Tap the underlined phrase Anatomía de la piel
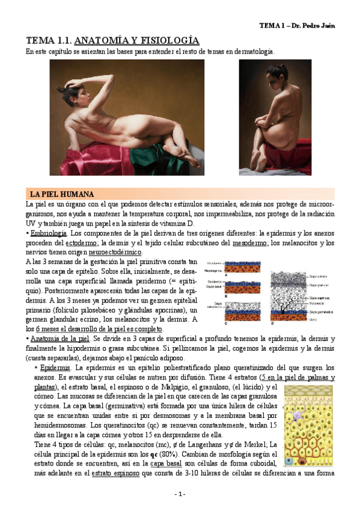[59, 339]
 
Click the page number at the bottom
[180, 494]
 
